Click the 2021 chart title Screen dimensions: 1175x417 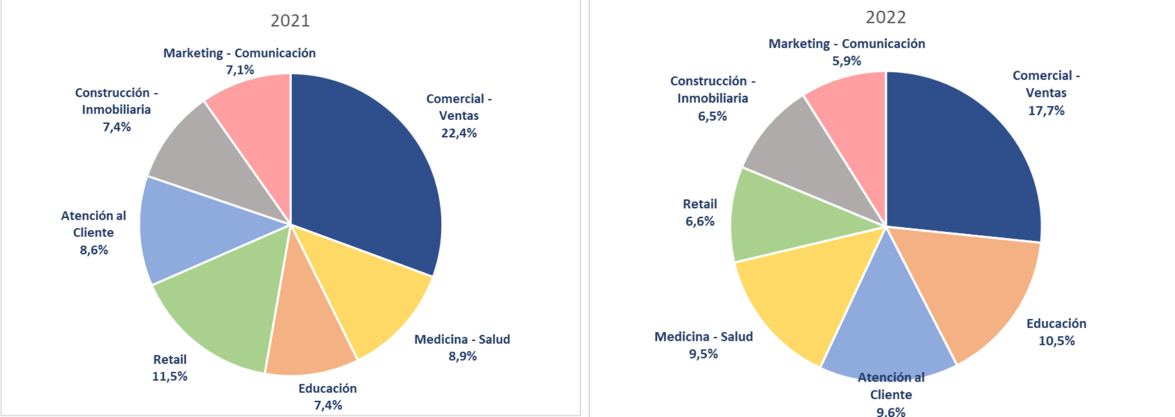coord(290,21)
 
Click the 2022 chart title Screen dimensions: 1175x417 coord(886,17)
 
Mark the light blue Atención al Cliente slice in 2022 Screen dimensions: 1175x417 coord(887,327)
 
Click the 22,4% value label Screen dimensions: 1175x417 coord(459,133)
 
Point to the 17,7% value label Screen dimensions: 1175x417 coord(1046,111)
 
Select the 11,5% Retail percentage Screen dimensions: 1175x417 coord(169,377)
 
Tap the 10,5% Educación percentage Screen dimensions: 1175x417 coord(1056,341)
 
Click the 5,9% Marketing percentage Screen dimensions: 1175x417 coord(847,61)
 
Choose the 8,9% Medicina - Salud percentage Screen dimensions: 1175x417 coord(462,356)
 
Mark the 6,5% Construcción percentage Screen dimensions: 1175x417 coord(712,116)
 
